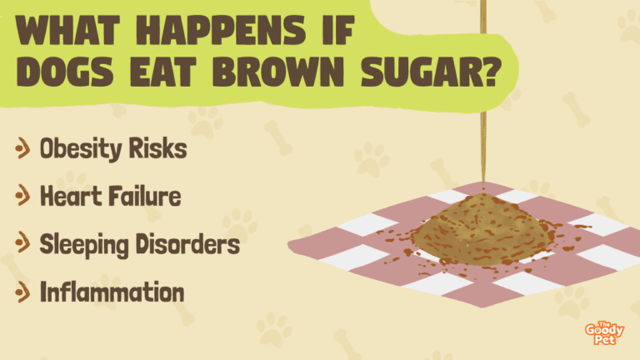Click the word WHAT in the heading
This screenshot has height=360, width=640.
[67, 30]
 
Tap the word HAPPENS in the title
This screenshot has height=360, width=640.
[221, 30]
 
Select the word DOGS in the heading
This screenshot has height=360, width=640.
[64, 72]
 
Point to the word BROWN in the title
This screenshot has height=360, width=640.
[278, 72]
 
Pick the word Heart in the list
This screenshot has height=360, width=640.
[71, 196]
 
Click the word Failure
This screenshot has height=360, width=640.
[145, 196]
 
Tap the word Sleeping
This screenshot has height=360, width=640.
[84, 245]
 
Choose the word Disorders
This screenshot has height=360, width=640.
[187, 243]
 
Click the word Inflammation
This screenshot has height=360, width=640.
[112, 292]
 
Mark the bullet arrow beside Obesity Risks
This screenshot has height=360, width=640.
[22, 147]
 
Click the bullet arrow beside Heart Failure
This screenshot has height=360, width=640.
[22, 196]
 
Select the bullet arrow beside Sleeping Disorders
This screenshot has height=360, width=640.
[22, 243]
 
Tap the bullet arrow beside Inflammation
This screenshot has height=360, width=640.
[22, 292]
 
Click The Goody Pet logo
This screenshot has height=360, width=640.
[604, 333]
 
